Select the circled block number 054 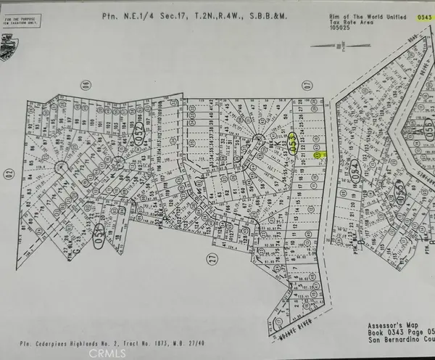click(x=355, y=168)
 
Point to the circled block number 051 click(x=99, y=240)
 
